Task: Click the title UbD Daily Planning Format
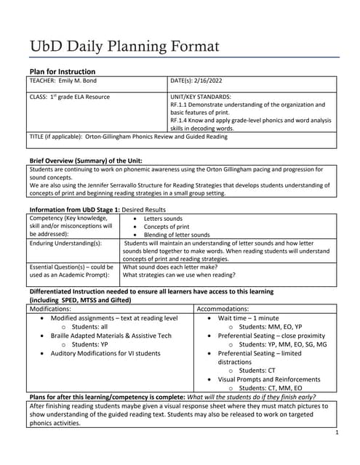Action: click(x=124, y=46)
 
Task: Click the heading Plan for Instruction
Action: click(x=62, y=71)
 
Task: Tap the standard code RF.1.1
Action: click(x=179, y=105)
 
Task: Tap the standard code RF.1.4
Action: click(x=179, y=120)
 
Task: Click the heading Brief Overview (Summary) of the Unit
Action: click(x=85, y=160)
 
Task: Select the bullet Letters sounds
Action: click(x=163, y=219)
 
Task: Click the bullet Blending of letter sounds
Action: click(x=177, y=235)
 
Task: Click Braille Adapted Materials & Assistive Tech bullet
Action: click(x=111, y=336)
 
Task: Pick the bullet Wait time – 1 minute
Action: click(x=248, y=318)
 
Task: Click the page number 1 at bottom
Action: click(x=338, y=433)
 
